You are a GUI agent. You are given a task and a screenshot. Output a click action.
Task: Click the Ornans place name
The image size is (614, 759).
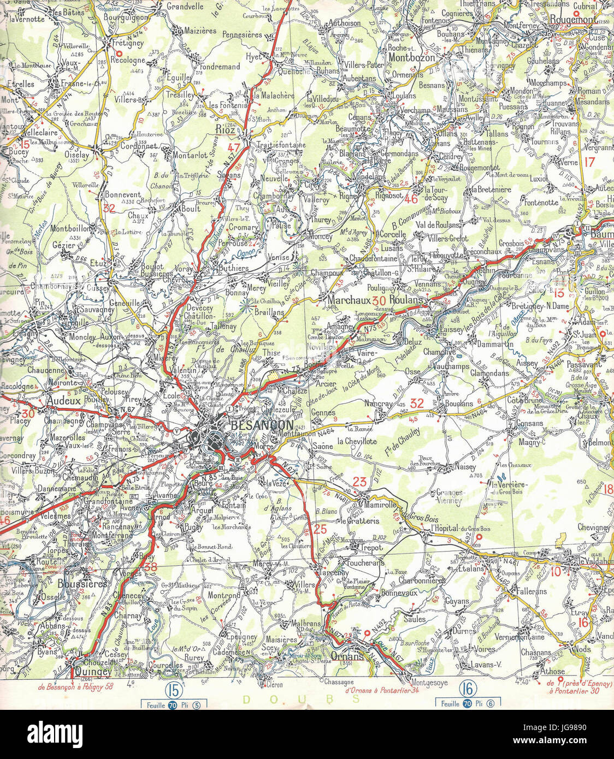tap(347, 657)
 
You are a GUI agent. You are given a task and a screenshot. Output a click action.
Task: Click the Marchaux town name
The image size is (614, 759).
tap(349, 300)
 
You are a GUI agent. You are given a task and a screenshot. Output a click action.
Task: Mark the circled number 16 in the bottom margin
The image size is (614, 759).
tap(466, 687)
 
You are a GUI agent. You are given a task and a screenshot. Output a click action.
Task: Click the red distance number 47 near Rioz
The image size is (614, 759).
tap(234, 147)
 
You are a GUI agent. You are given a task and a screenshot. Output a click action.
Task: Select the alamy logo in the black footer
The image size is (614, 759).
tap(55, 733)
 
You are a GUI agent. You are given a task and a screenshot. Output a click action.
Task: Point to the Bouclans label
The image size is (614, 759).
tap(459, 404)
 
